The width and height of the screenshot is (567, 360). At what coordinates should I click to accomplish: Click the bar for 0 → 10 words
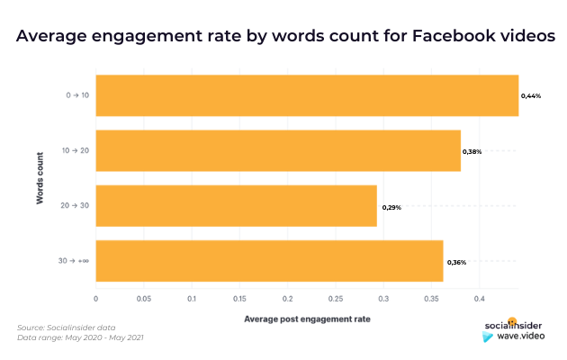(306, 95)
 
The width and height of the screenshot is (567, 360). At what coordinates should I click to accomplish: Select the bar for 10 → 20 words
(277, 151)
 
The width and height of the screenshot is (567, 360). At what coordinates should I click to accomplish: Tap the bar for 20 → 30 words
(236, 206)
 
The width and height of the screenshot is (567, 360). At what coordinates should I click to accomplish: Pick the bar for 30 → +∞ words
(269, 262)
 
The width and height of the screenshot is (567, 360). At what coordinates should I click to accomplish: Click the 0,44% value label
(531, 95)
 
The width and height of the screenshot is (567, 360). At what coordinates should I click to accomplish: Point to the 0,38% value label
(472, 151)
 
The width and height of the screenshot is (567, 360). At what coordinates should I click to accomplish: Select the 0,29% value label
(391, 207)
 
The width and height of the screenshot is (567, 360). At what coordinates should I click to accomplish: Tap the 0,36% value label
(456, 262)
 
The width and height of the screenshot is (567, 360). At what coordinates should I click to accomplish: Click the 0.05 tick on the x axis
(143, 298)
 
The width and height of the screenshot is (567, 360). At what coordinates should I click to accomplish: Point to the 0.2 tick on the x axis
(287, 298)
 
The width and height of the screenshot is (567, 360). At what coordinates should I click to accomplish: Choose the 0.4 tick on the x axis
(479, 298)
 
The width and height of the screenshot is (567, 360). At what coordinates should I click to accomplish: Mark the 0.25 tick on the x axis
(335, 298)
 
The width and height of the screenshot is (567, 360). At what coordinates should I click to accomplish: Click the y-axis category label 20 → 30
(74, 206)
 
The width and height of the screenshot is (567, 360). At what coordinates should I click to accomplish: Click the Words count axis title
(40, 178)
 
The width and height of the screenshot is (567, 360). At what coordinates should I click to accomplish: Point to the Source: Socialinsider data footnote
(67, 327)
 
